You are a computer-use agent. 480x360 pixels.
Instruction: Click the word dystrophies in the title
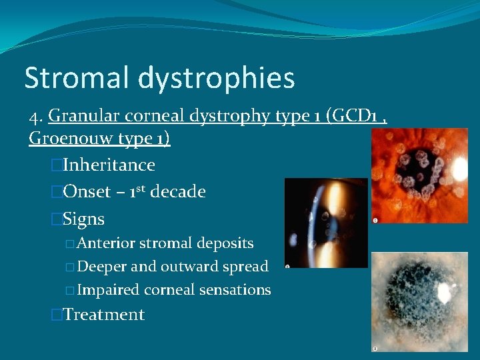(x=216, y=79)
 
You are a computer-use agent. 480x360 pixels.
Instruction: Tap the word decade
(x=177, y=192)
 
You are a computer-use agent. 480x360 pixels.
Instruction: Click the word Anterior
(x=105, y=243)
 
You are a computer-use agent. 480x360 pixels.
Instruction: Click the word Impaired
(x=107, y=290)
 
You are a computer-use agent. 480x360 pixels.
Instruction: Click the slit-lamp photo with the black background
(x=325, y=223)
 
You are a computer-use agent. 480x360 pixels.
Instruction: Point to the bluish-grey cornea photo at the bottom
(x=419, y=301)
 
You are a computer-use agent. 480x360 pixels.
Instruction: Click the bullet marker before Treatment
(x=56, y=315)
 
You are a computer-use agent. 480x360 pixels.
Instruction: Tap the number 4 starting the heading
(x=34, y=117)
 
